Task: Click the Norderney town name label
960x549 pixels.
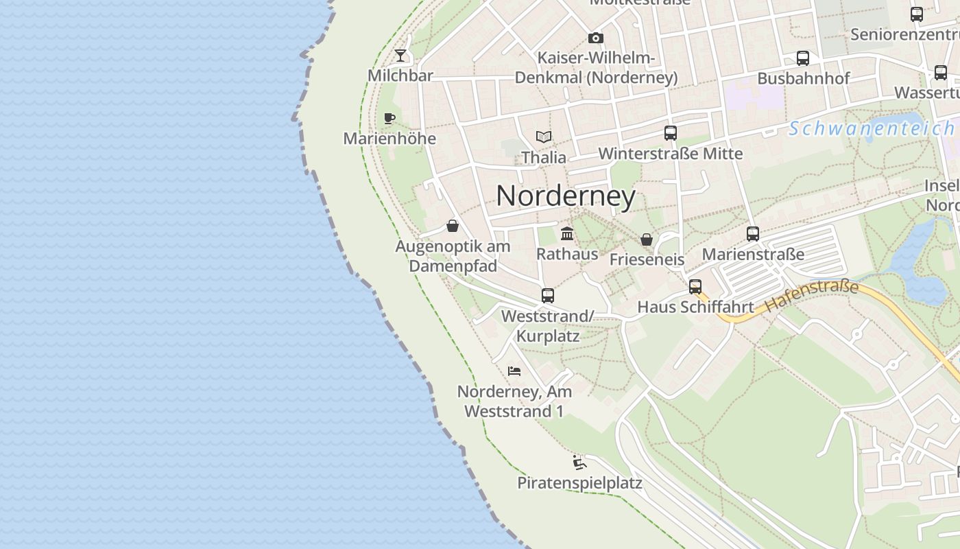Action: (566, 196)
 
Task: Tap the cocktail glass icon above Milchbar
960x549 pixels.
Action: (400, 55)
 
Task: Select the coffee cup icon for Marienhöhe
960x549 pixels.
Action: (389, 118)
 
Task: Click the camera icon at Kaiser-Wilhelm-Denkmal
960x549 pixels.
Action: (596, 38)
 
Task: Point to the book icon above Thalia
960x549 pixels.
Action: (544, 137)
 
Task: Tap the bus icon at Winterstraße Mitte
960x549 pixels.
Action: (671, 133)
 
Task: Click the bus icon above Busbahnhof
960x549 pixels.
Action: (803, 58)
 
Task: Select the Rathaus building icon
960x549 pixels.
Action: (567, 233)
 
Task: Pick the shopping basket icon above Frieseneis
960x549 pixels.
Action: (647, 239)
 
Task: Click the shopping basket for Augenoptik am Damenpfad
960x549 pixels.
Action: (453, 226)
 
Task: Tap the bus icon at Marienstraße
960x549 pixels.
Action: (753, 234)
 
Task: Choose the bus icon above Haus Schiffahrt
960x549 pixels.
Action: (695, 287)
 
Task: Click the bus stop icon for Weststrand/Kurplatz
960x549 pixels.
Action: (547, 296)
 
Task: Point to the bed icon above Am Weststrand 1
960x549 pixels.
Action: (514, 371)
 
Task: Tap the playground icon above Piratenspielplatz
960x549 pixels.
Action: (579, 462)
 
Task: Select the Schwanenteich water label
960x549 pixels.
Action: (871, 128)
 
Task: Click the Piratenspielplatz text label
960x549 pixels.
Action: (579, 483)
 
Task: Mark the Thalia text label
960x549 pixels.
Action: (544, 157)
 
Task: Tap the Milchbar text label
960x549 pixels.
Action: (400, 75)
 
